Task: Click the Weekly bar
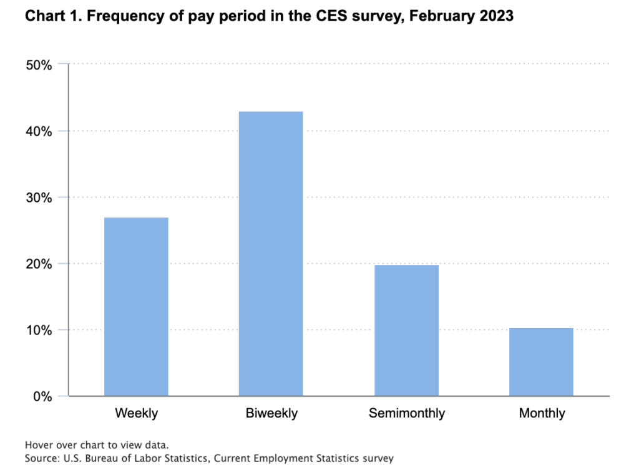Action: click(x=136, y=306)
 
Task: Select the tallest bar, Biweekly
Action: click(x=271, y=253)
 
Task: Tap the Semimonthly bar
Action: click(x=407, y=331)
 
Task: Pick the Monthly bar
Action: click(x=541, y=362)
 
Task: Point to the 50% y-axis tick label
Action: click(x=39, y=65)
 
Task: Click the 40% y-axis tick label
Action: click(x=39, y=132)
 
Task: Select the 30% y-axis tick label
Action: click(x=39, y=198)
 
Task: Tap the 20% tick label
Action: click(x=39, y=264)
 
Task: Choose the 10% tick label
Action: click(x=39, y=330)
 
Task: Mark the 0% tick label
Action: click(x=43, y=397)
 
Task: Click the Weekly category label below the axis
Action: click(x=137, y=413)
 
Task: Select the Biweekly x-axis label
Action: click(x=271, y=413)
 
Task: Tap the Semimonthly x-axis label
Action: click(x=407, y=413)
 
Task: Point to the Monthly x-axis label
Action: click(x=542, y=413)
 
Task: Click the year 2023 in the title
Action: click(x=496, y=16)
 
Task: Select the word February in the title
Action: click(x=442, y=16)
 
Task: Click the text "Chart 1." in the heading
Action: click(x=54, y=16)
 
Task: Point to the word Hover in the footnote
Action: click(x=36, y=445)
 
